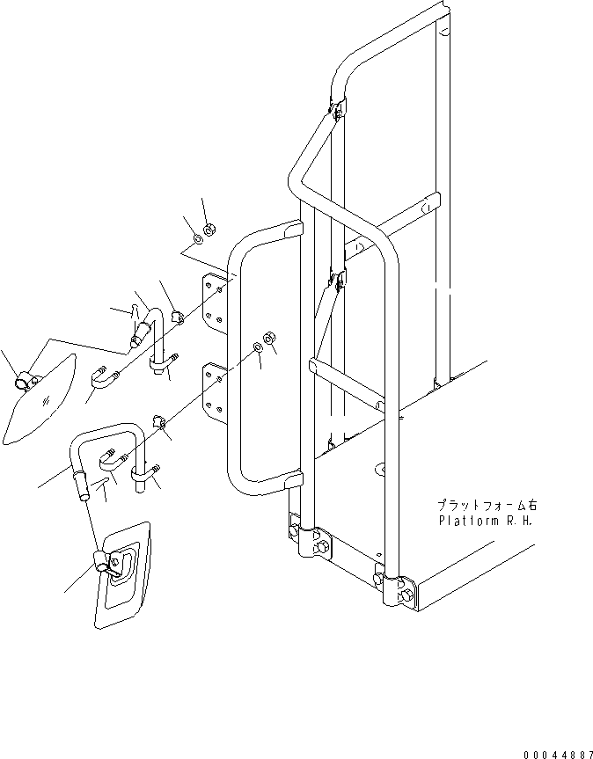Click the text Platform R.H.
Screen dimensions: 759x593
pyautogui.click(x=484, y=520)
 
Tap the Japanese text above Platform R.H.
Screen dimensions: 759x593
pyautogui.click(x=483, y=506)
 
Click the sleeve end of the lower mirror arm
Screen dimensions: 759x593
pyautogui.click(x=83, y=485)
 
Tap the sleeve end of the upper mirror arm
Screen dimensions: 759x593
pyautogui.click(x=138, y=334)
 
